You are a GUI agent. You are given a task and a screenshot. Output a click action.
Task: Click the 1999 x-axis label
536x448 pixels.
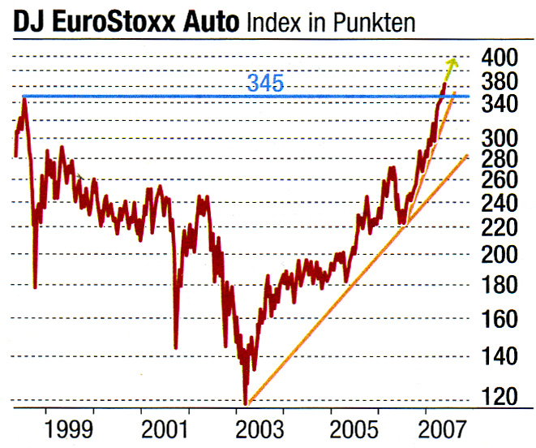pos(69,427)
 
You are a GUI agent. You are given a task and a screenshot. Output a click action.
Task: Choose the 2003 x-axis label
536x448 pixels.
pos(259,427)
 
